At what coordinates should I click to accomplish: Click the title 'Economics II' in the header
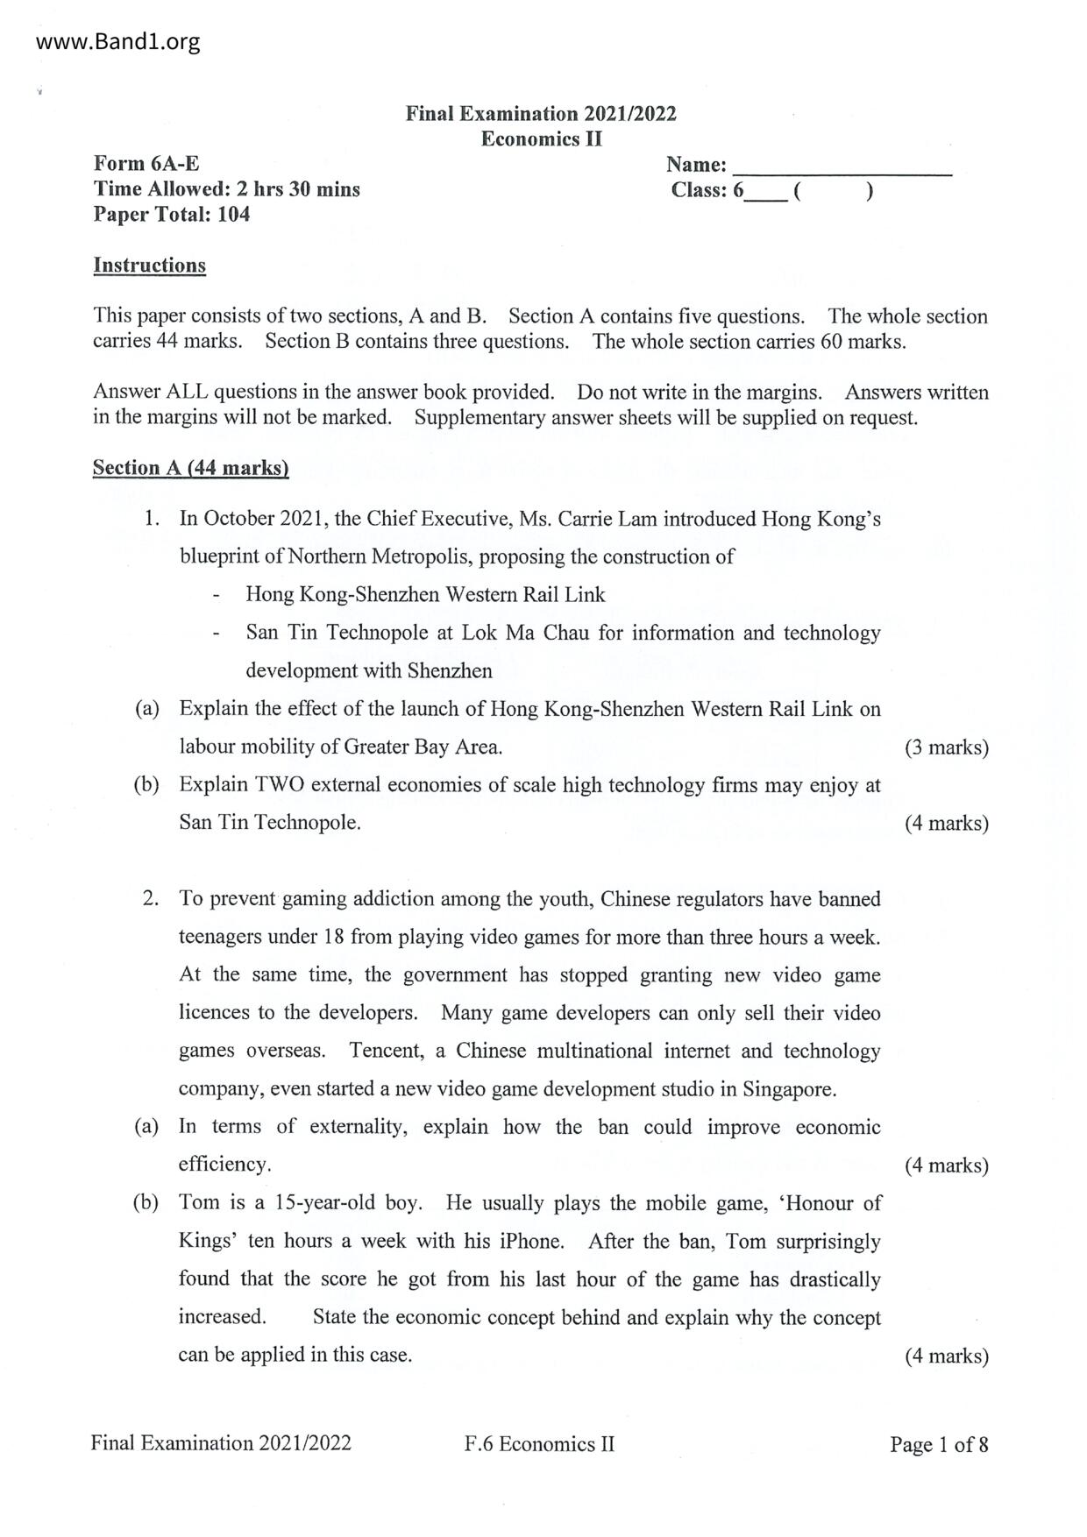(x=541, y=138)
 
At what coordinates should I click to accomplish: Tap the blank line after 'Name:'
(x=842, y=166)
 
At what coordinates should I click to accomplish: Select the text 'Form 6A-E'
(x=146, y=164)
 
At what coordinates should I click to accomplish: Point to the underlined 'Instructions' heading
(x=149, y=266)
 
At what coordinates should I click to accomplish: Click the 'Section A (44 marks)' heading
(x=190, y=468)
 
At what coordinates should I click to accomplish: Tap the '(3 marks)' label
(x=946, y=747)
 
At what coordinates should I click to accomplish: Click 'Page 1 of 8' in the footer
(x=938, y=1444)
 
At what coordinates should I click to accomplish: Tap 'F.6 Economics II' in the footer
(x=539, y=1444)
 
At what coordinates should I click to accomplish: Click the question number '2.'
(x=151, y=898)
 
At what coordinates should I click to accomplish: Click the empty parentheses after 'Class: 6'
(x=832, y=190)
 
